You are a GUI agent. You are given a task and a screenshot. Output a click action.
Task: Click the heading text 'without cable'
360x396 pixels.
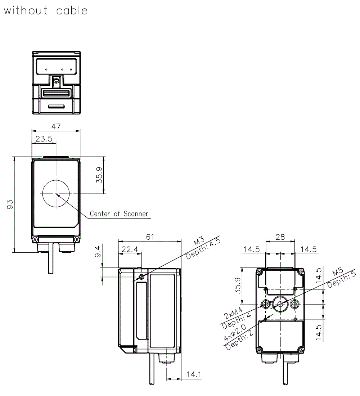(46, 10)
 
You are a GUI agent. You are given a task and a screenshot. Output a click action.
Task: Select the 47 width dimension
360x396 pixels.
(56, 126)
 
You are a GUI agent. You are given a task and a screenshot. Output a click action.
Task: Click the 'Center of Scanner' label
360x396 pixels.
(119, 214)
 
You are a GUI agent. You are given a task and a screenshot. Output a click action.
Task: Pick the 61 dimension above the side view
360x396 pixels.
(150, 237)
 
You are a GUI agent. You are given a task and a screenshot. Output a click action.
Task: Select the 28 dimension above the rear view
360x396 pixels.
(280, 237)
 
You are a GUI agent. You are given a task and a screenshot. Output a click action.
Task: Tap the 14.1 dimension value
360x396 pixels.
(194, 375)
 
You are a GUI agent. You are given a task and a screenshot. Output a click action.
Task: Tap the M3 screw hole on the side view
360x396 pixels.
(141, 277)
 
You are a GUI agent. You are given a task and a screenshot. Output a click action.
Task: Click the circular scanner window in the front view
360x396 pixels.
(56, 193)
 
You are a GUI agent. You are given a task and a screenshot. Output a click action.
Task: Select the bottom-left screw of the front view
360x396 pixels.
(35, 239)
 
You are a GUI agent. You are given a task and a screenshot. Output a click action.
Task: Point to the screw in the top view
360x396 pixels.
(56, 82)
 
